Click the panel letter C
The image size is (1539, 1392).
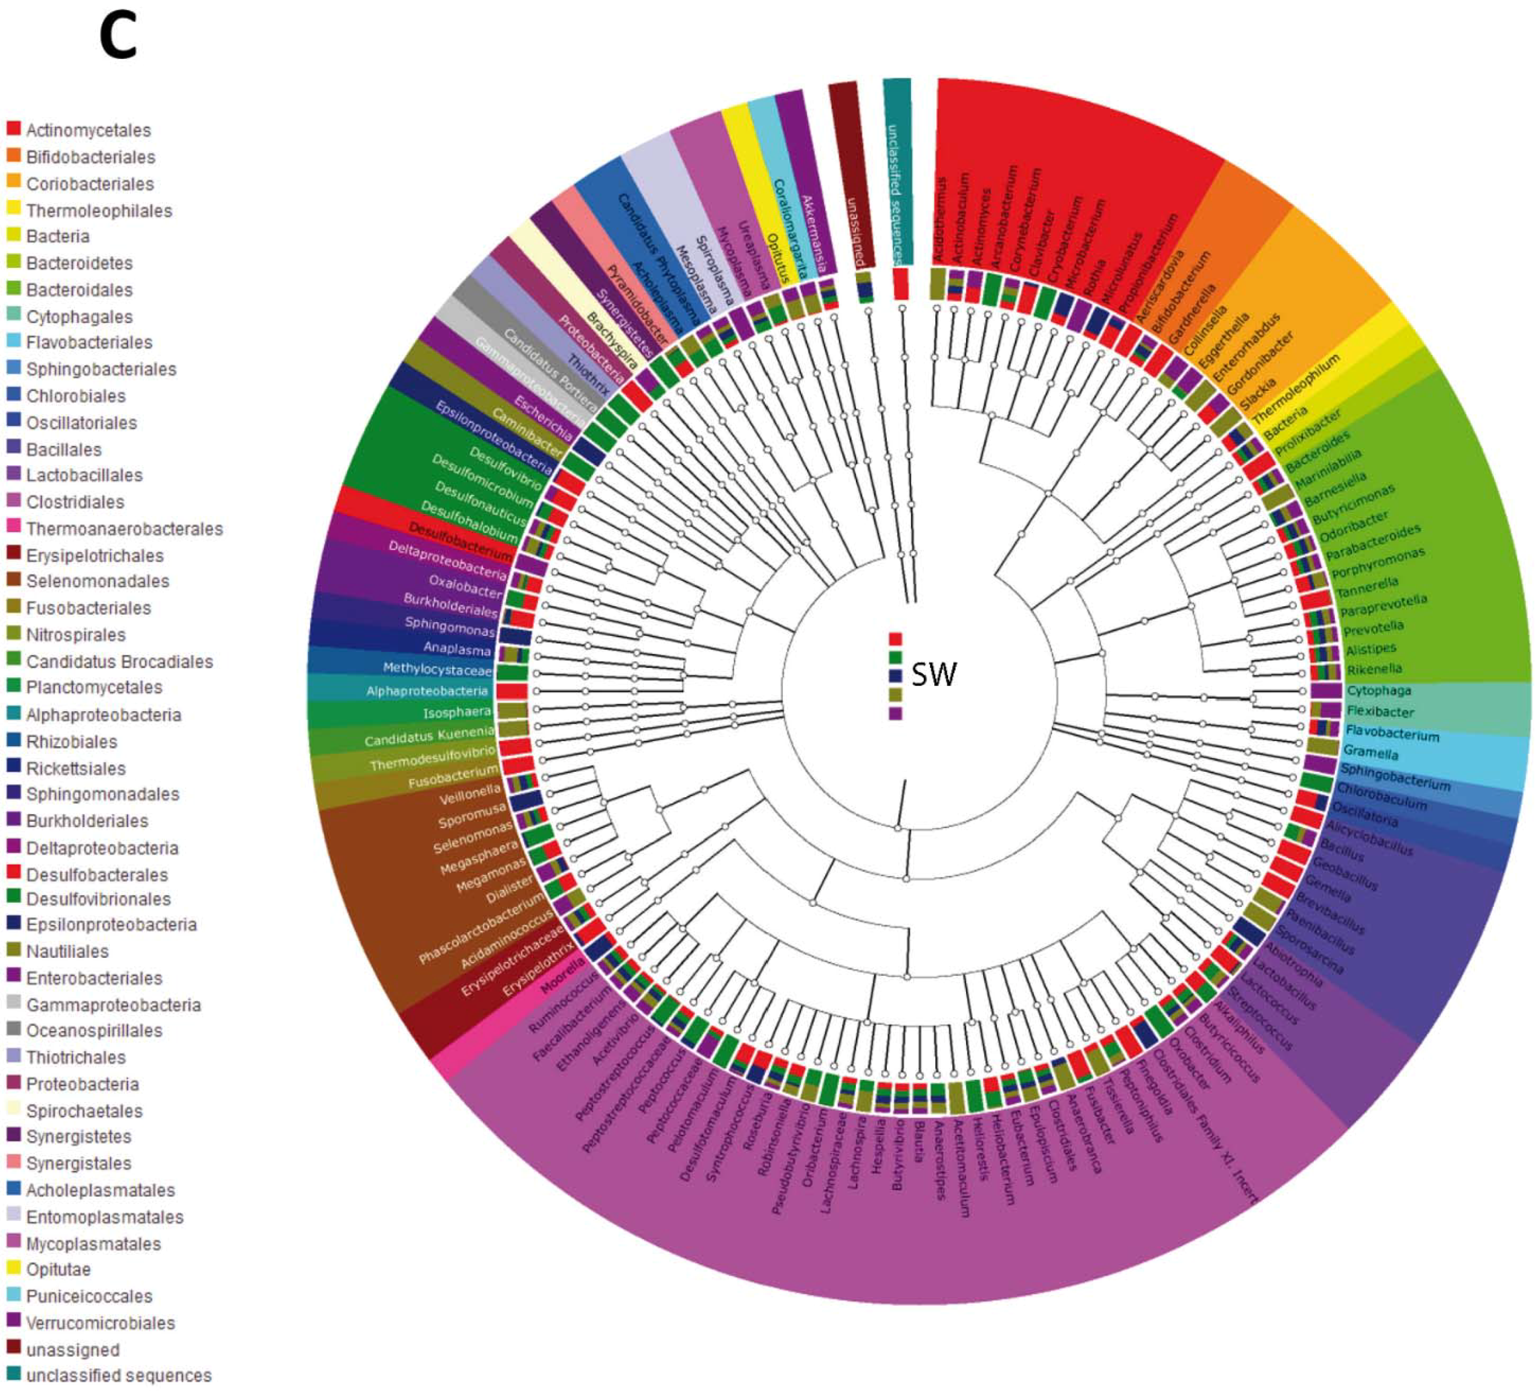118,37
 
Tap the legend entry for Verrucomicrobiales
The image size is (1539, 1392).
100,1322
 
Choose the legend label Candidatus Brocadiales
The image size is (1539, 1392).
119,661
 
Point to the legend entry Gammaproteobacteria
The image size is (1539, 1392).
113,1005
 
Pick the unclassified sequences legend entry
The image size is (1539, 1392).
118,1375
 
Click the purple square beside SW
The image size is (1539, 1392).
896,713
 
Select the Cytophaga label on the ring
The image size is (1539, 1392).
1379,690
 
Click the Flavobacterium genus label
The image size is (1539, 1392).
1392,735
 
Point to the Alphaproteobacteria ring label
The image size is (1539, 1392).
427,691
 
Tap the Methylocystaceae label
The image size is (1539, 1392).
437,669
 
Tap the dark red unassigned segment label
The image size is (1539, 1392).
854,229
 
